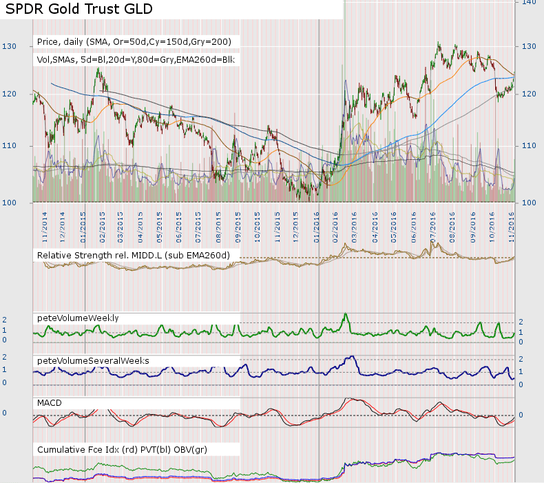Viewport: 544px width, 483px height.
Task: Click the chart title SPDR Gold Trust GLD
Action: (79, 10)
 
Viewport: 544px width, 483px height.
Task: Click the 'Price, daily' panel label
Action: (134, 43)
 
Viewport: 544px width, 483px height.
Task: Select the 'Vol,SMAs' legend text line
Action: (136, 60)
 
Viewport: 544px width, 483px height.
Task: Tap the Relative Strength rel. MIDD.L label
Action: (133, 256)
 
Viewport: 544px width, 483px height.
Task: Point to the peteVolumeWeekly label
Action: (78, 318)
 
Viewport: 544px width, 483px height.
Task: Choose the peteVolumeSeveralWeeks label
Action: (93, 360)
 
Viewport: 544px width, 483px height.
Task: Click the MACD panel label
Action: (51, 402)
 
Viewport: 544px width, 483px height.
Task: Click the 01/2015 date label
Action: (83, 225)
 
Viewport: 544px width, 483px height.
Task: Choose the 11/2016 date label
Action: (512, 225)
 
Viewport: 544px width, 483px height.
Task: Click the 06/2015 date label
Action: (180, 225)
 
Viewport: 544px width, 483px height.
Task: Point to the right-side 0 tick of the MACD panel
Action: (521, 415)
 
